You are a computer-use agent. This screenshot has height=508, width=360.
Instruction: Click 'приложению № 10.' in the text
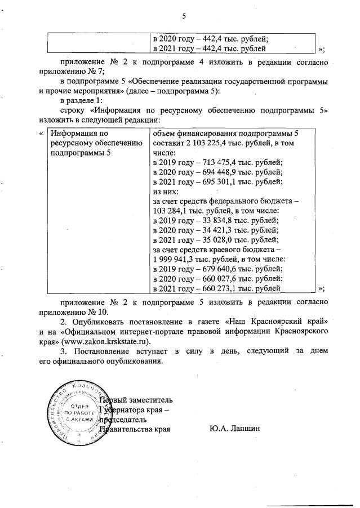[x=72, y=310]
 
